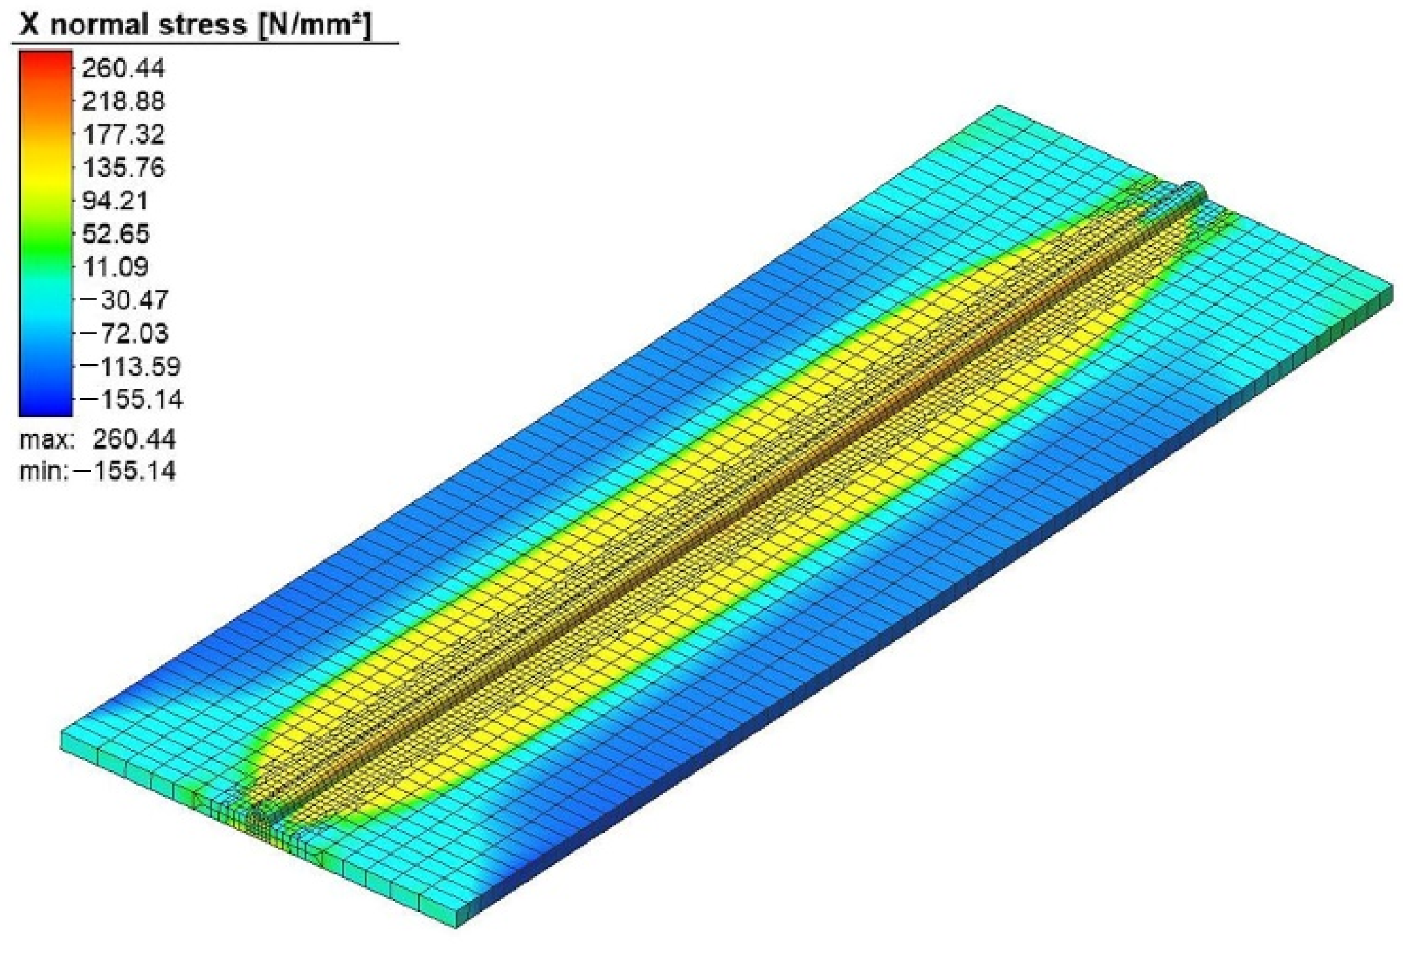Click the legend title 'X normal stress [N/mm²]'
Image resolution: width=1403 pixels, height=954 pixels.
[x=197, y=25]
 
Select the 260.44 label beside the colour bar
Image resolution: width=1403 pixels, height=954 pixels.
[x=123, y=68]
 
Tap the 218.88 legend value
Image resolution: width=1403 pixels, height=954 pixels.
[x=123, y=101]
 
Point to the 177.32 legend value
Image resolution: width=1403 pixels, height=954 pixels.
[x=123, y=134]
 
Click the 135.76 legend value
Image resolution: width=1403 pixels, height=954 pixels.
[x=123, y=167]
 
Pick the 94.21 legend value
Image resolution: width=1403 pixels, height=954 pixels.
[x=115, y=200]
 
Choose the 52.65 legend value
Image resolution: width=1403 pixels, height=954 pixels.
[x=115, y=233]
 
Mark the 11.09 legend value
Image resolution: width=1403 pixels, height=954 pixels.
[x=115, y=267]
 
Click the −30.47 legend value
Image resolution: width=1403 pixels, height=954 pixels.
[x=125, y=300]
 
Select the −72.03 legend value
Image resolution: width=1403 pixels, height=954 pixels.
[x=125, y=333]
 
